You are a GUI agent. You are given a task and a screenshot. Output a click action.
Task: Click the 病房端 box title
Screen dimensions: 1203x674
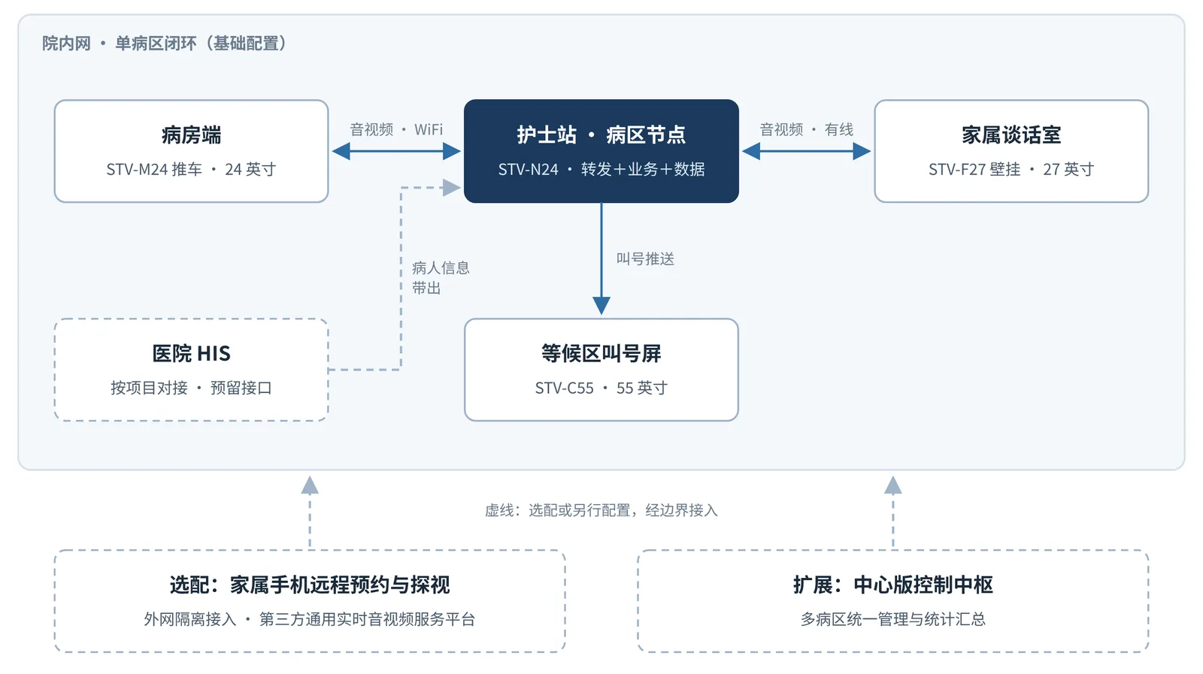(x=191, y=134)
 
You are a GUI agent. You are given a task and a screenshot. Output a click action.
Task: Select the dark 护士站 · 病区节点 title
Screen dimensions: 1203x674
(x=601, y=134)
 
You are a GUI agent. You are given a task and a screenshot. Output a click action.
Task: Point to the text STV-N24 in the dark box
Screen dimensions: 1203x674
(x=529, y=170)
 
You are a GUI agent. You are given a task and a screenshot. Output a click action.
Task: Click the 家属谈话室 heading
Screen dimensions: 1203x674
(x=1011, y=134)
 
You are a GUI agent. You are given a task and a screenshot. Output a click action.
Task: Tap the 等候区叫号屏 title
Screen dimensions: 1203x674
(x=601, y=353)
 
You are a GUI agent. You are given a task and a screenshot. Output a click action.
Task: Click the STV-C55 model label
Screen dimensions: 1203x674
(x=565, y=388)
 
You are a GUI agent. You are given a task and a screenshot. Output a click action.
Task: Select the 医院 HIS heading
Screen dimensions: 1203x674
(x=191, y=353)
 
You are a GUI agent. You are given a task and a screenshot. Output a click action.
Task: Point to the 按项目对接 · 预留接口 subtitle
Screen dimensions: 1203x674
(x=191, y=388)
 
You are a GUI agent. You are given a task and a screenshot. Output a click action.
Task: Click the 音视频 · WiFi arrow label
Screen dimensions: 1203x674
(x=396, y=129)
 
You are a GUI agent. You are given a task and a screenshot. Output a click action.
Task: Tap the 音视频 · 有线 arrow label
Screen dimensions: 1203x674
(x=806, y=129)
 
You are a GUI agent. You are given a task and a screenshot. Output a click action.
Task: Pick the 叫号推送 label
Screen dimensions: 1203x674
(x=645, y=259)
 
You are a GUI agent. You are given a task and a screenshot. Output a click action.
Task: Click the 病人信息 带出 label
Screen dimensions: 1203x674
(x=441, y=278)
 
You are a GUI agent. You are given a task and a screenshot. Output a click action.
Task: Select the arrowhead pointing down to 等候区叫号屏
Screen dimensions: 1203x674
(x=601, y=305)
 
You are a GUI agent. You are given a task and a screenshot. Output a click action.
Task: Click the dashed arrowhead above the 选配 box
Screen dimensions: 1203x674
(x=309, y=485)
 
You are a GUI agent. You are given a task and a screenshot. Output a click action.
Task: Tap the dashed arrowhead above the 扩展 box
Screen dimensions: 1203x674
(x=892, y=485)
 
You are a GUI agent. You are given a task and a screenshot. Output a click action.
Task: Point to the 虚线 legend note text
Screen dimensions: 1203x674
(x=601, y=510)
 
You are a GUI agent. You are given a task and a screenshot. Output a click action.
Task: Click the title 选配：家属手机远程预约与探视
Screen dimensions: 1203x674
(x=309, y=585)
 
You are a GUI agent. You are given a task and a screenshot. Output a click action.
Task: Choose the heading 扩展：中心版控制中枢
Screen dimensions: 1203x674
(x=892, y=585)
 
